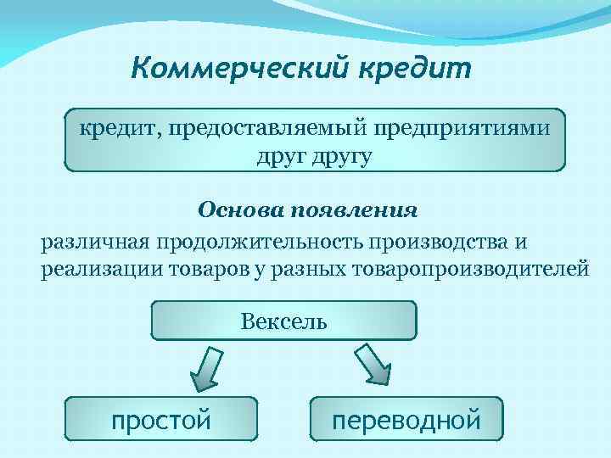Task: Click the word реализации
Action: point(96,270)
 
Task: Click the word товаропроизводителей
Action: point(467,270)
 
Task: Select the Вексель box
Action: point(283,321)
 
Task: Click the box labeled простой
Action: point(161,419)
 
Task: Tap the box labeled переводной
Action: point(406,419)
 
